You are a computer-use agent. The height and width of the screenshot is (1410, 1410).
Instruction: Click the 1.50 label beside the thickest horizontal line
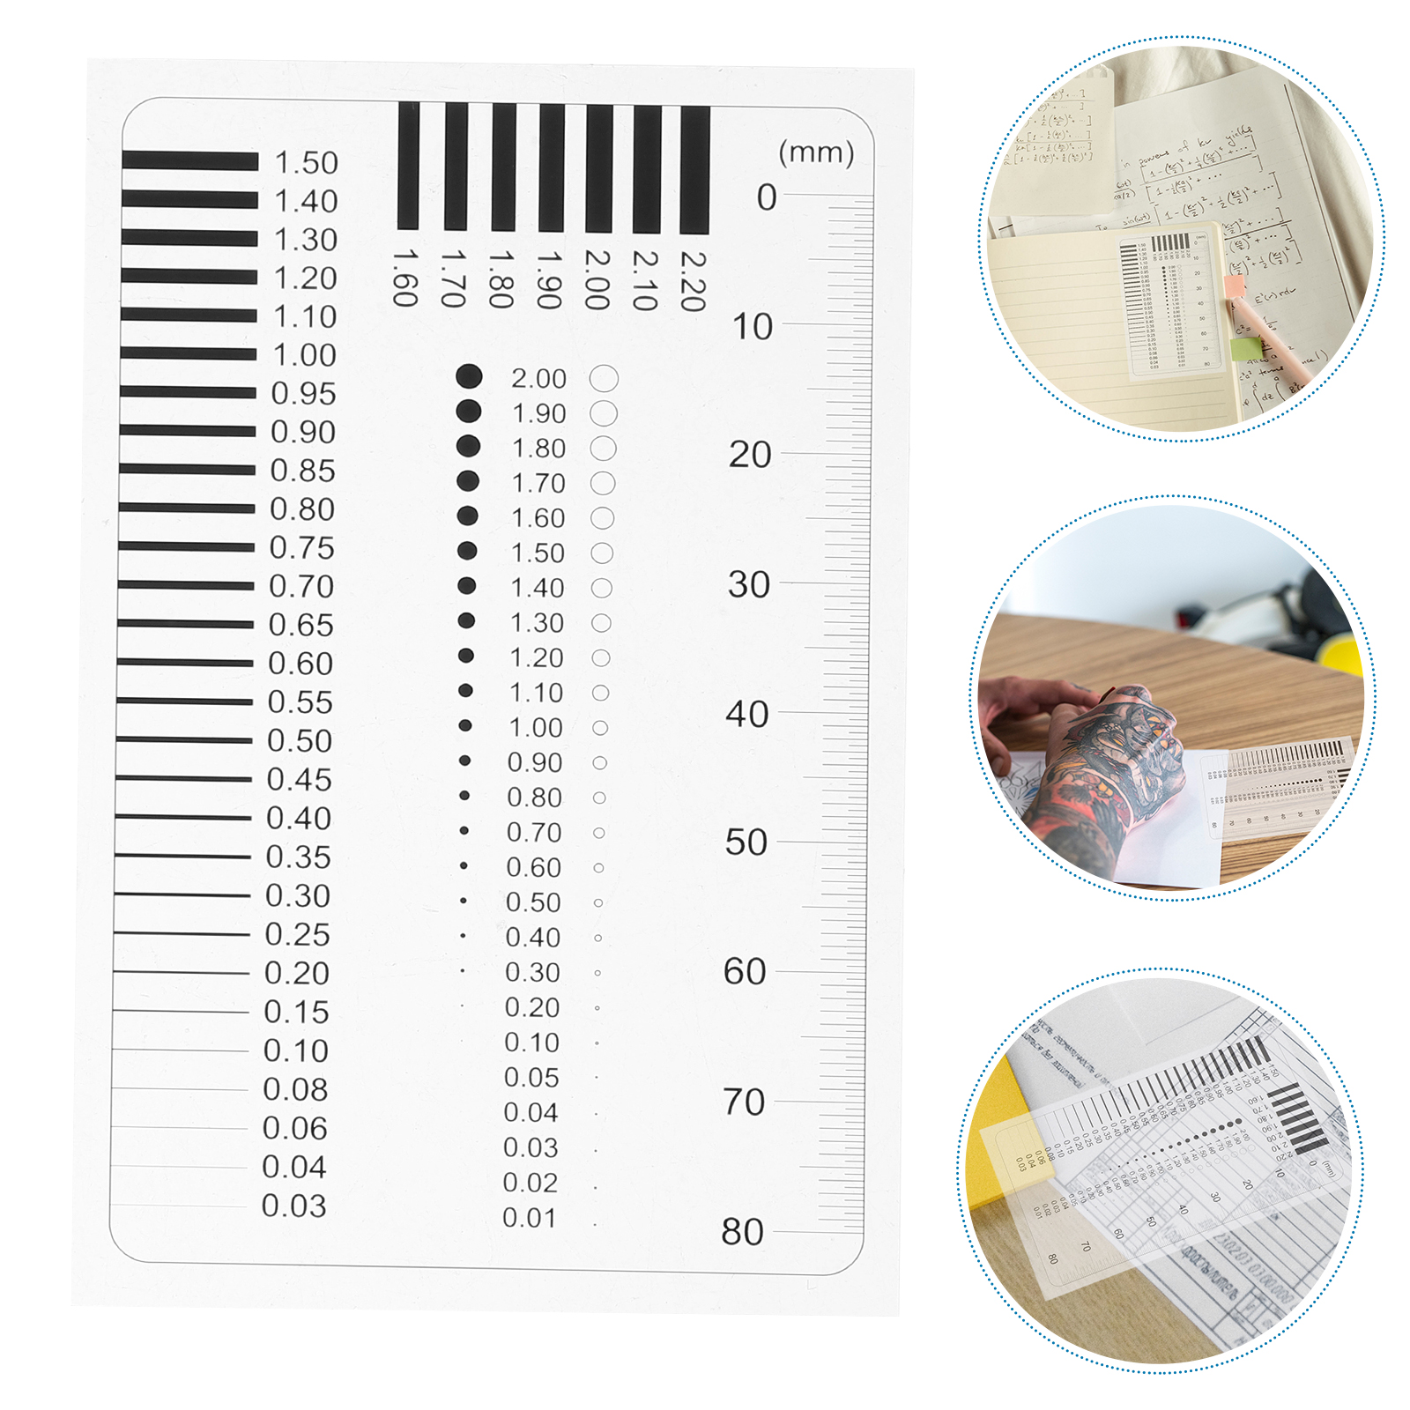[306, 163]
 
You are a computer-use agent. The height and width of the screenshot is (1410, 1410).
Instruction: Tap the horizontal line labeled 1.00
[188, 353]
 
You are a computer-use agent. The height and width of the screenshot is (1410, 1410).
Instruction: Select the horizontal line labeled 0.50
[184, 739]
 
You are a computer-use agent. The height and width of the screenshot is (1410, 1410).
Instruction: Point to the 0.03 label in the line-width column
[293, 1206]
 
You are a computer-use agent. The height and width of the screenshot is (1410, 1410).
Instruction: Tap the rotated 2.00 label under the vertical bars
[597, 279]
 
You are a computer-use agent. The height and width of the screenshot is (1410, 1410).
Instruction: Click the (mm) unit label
[816, 152]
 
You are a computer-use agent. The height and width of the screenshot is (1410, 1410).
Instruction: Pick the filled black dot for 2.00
[469, 376]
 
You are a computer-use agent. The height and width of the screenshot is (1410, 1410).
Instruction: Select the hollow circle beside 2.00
[604, 379]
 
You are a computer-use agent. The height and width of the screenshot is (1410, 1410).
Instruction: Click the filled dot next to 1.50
[467, 551]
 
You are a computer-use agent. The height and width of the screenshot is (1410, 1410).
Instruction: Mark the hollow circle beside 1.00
[600, 728]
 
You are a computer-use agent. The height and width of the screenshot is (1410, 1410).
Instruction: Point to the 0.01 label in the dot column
[529, 1218]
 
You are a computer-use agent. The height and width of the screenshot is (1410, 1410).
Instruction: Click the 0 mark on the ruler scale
[767, 197]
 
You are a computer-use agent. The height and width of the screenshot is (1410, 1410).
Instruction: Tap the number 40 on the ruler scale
[747, 714]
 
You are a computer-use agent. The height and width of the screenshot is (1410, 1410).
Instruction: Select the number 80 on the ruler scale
[742, 1232]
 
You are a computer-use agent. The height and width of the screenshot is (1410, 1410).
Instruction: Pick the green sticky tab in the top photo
[1245, 350]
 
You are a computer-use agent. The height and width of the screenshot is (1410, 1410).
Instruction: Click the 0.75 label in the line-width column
[301, 548]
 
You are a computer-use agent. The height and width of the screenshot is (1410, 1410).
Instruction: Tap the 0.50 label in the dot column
[533, 902]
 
